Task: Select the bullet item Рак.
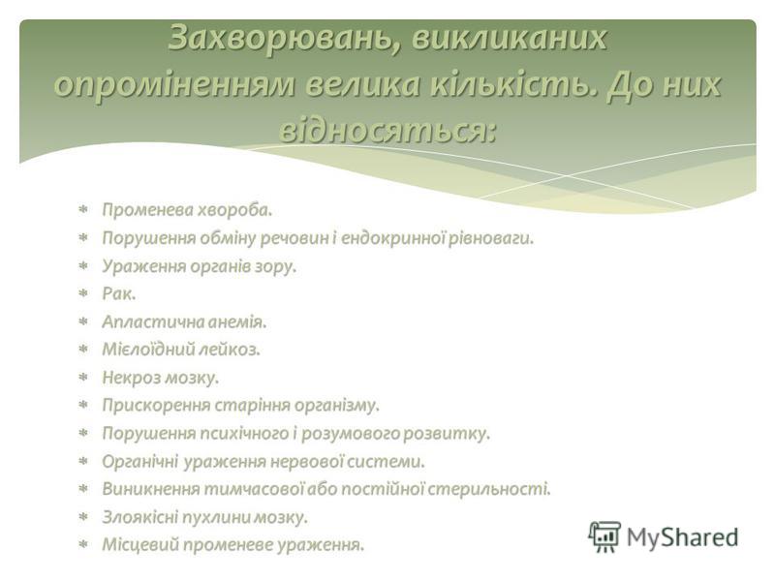coord(118,293)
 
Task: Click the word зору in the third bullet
coord(277,265)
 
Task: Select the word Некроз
coord(133,377)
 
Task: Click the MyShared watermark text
coord(683,537)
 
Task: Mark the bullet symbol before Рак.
coord(83,293)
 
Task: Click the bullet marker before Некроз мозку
coord(83,377)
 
